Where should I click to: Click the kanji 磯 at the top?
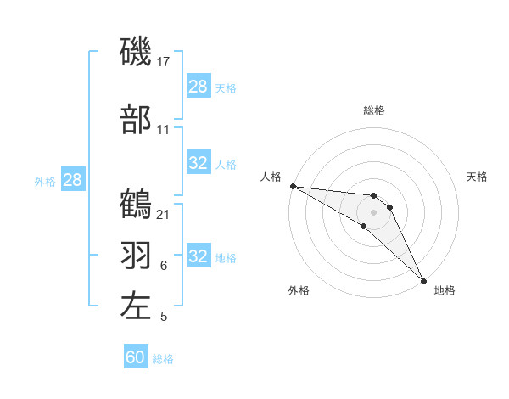[136, 53]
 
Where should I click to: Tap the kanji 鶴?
[136, 204]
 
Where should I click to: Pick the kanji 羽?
[136, 254]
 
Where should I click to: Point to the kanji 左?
[136, 305]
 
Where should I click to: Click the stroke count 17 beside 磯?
[164, 62]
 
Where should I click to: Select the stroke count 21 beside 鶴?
[164, 214]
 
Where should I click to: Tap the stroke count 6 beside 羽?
[163, 266]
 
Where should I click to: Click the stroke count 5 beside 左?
[163, 317]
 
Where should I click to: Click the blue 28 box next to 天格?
[198, 86]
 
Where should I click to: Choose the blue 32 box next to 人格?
[198, 163]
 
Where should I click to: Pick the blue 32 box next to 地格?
[198, 256]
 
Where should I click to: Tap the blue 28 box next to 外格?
[72, 180]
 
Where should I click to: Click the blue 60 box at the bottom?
[135, 357]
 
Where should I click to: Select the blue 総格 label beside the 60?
[163, 359]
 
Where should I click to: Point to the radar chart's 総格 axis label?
[373, 110]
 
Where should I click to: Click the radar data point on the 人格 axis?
[293, 186]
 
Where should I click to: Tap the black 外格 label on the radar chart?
[299, 291]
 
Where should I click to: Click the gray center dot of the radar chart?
[373, 211]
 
